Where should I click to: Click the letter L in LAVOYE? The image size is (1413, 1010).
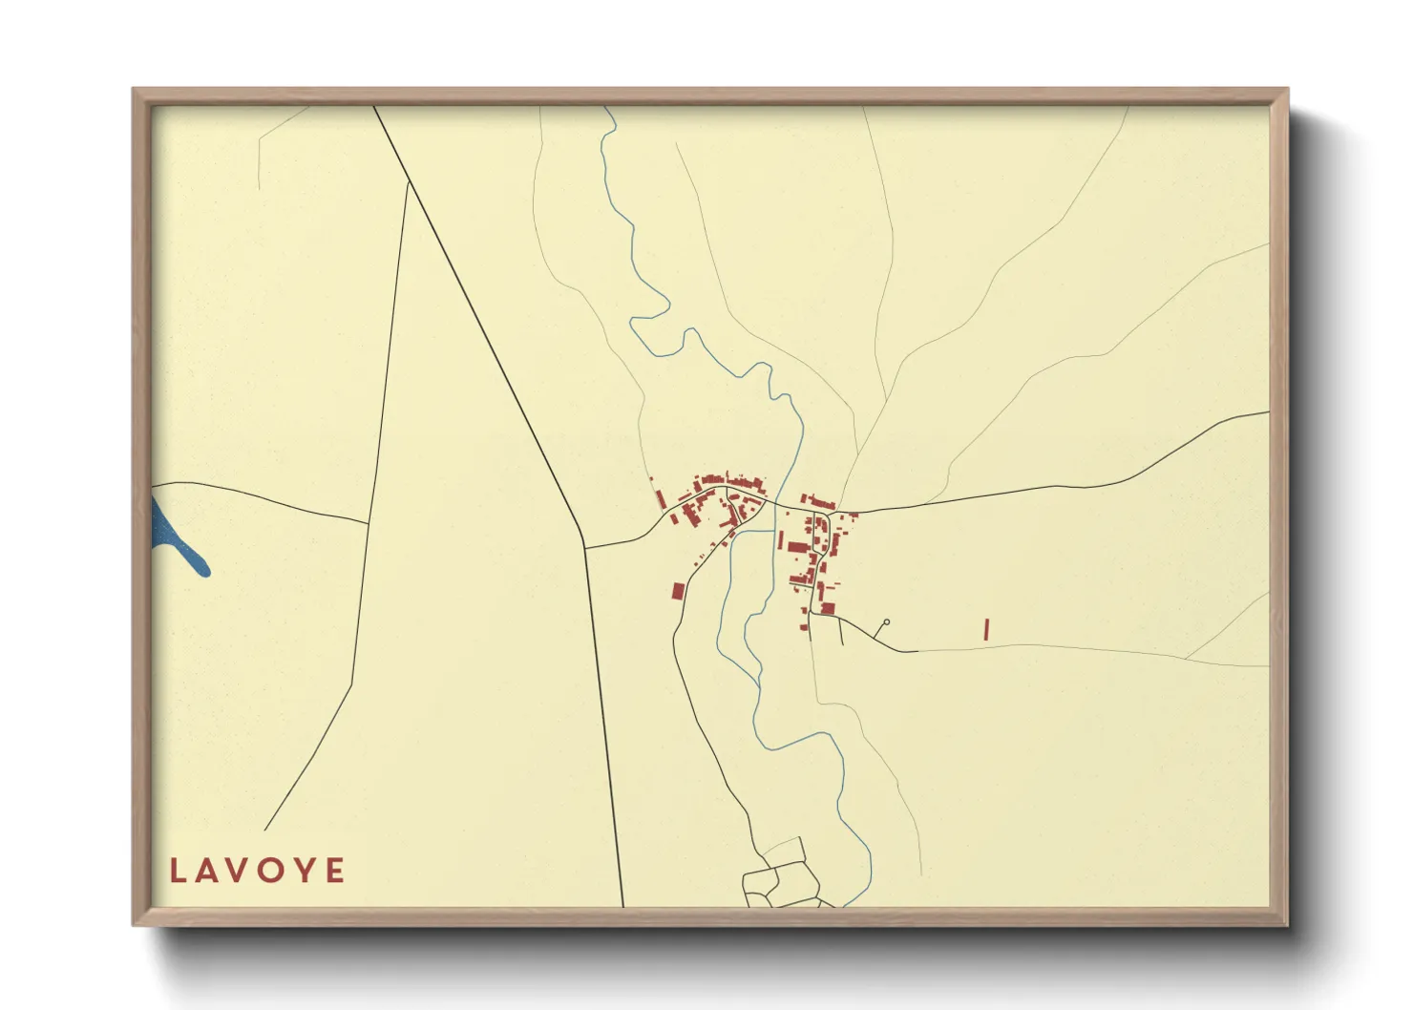(179, 871)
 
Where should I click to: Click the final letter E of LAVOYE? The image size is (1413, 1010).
(335, 871)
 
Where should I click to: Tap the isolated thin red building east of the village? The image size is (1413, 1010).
(986, 629)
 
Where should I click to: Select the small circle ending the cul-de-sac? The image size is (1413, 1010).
(887, 622)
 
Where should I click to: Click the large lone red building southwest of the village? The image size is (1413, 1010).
(678, 591)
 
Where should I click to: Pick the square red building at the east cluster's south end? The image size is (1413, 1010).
(828, 608)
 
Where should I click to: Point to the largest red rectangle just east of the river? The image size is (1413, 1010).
(798, 547)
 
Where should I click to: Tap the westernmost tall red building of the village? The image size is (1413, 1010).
(660, 499)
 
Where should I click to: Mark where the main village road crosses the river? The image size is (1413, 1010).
(775, 503)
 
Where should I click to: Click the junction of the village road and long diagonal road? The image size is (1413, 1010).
(584, 548)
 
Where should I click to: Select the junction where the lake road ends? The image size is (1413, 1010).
(369, 523)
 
